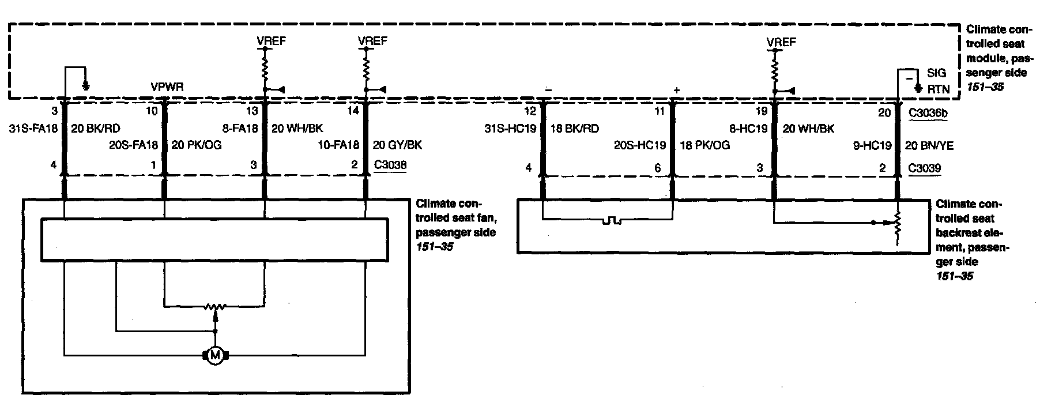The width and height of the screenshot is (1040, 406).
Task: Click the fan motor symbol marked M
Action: click(x=216, y=356)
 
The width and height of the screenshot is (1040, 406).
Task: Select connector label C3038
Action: click(x=390, y=165)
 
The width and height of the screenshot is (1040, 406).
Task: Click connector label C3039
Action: click(x=925, y=168)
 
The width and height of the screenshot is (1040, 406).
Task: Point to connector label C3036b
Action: click(x=928, y=113)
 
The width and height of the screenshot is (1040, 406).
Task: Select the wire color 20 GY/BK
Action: click(x=398, y=145)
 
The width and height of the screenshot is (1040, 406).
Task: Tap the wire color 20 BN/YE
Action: click(x=929, y=146)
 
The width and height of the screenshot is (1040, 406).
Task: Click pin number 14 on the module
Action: click(x=354, y=111)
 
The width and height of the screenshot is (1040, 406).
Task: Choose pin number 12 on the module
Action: click(x=530, y=111)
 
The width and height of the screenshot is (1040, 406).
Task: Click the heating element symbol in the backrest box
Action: click(x=610, y=220)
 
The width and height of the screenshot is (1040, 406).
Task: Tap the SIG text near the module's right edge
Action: click(x=937, y=73)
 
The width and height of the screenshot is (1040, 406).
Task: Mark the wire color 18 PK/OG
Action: click(x=705, y=145)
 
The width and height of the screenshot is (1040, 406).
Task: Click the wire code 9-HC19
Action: click(x=872, y=146)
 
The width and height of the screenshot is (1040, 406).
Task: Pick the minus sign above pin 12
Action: click(x=548, y=89)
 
